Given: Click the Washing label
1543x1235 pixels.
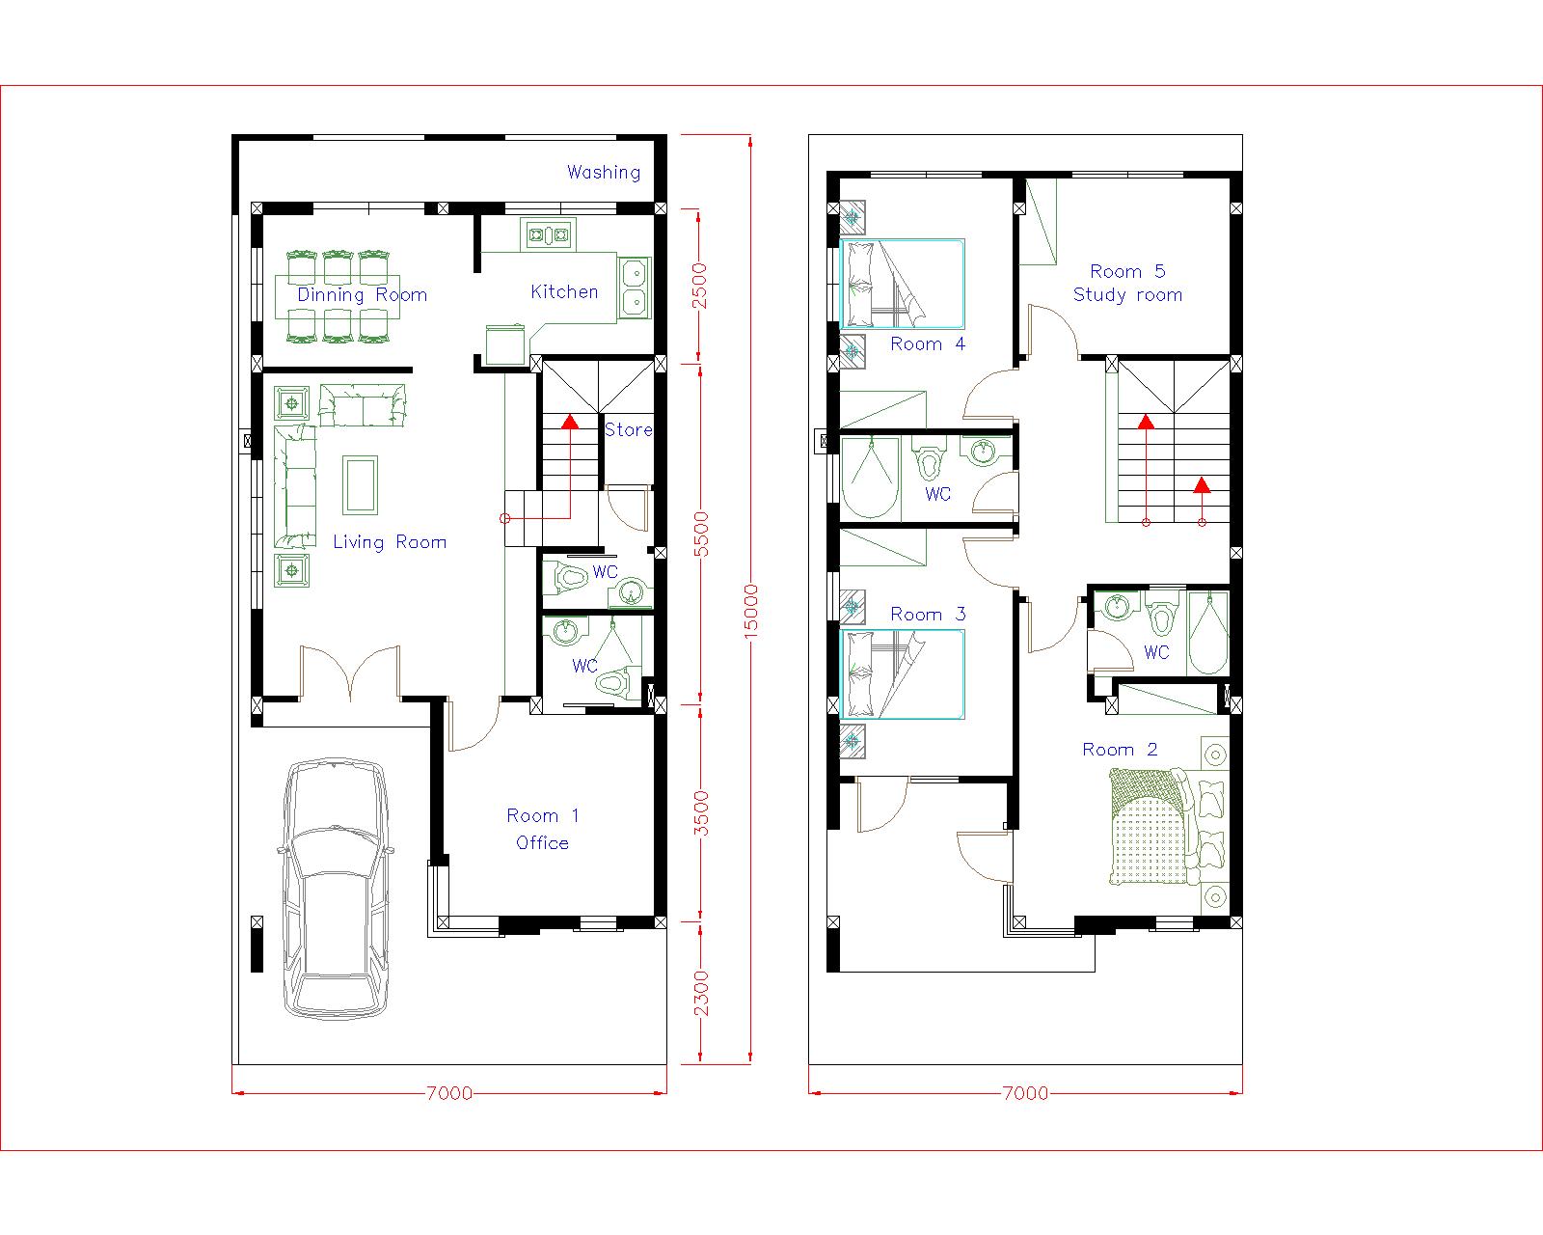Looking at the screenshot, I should point(604,173).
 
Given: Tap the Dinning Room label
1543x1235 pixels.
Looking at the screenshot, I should point(362,295).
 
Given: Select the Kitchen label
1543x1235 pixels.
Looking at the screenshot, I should point(564,291).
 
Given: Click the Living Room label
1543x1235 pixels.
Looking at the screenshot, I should point(390,542).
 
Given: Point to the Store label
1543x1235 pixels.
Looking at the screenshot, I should point(628,430).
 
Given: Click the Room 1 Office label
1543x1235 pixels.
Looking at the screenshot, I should point(543,829).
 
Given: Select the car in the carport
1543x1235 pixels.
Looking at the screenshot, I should point(336,888).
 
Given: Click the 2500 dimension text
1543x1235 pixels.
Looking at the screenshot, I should point(701,285).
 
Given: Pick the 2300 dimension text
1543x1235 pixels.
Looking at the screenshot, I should point(701,993).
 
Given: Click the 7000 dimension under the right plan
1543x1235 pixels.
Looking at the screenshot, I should point(1024,1093).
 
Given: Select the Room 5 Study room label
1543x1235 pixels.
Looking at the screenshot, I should point(1127,284).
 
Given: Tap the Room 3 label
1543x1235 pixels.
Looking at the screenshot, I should point(928,615).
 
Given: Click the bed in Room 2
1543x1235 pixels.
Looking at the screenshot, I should point(1152,828).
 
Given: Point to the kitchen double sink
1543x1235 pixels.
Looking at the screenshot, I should point(634,287).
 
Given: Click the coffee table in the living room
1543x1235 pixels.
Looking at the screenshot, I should point(361,486).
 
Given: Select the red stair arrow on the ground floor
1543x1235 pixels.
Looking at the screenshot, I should point(570,422).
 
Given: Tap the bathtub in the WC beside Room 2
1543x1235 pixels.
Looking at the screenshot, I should point(1208,634).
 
